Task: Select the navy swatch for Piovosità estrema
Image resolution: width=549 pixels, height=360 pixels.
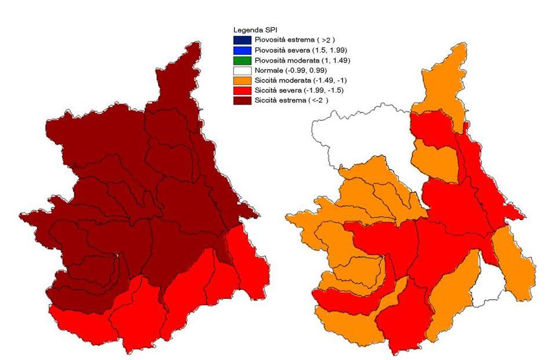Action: pyautogui.click(x=237, y=39)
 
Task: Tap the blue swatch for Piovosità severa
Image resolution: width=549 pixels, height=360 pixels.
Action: pyautogui.click(x=237, y=50)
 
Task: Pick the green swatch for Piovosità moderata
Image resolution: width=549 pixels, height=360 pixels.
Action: pyautogui.click(x=237, y=60)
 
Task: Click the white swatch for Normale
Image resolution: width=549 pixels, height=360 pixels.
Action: pyautogui.click(x=237, y=70)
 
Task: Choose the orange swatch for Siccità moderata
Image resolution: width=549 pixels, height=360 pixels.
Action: pyautogui.click(x=237, y=80)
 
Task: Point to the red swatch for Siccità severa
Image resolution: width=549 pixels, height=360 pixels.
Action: pyautogui.click(x=237, y=90)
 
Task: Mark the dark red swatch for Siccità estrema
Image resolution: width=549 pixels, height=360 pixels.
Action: pyautogui.click(x=237, y=100)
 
